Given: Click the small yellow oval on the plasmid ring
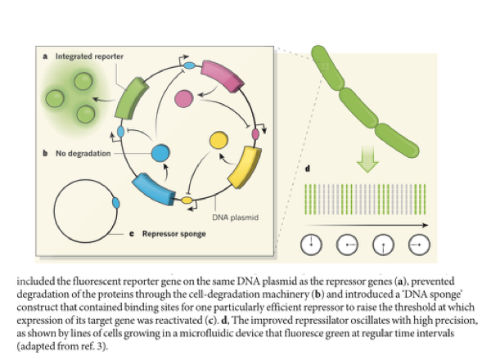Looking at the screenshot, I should (x=187, y=199).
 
